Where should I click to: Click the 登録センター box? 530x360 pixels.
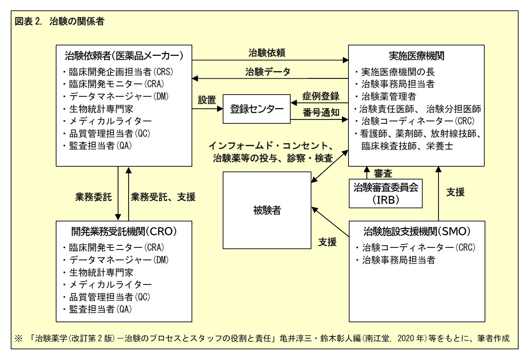click(257, 109)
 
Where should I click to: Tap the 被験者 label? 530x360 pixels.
click(267, 210)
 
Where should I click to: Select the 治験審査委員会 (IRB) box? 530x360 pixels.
click(386, 193)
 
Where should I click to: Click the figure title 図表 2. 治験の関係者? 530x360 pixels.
click(59, 21)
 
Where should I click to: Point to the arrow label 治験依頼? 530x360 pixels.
click(267, 53)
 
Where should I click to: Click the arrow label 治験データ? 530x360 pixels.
click(268, 72)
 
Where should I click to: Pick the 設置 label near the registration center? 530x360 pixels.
click(207, 100)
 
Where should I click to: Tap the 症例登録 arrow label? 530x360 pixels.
click(321, 96)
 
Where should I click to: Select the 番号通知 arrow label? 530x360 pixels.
click(321, 113)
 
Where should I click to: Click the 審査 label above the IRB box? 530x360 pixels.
click(383, 173)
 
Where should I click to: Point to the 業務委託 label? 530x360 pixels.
click(94, 197)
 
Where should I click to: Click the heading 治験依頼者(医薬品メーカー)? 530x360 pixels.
click(124, 56)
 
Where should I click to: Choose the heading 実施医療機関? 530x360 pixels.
click(416, 56)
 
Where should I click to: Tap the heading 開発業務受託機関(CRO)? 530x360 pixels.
click(124, 231)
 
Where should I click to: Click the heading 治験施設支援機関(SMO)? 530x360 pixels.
click(417, 231)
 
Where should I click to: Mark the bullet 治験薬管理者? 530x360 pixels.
click(388, 96)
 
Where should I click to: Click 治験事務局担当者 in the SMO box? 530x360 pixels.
click(398, 260)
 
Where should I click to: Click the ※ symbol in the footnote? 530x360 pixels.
click(18, 338)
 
